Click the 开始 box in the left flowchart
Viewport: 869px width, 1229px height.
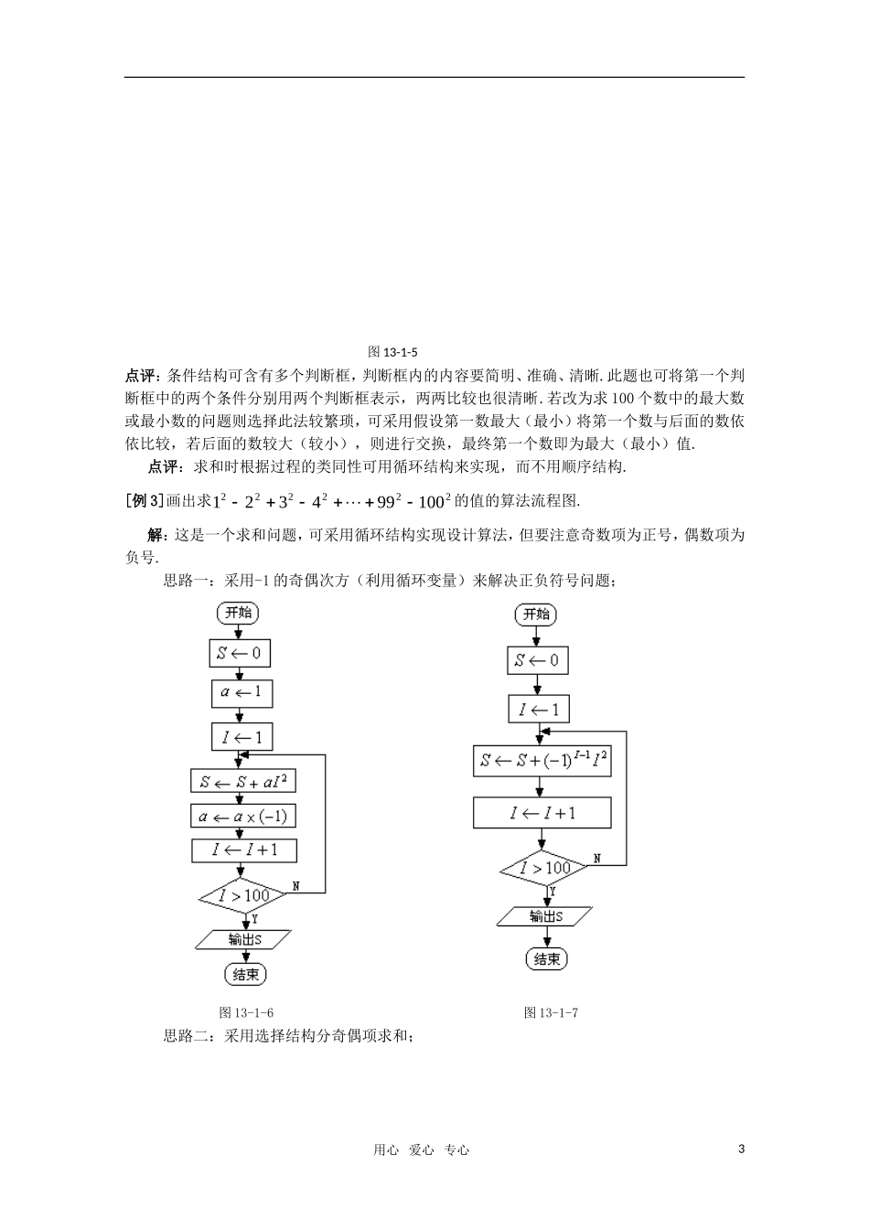239,613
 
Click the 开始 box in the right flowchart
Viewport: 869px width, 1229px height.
536,614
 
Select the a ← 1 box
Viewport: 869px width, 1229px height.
241,693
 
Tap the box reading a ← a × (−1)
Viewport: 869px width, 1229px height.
245,817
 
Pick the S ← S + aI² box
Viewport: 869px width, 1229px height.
243,782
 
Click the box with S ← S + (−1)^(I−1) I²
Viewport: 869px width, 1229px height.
542,761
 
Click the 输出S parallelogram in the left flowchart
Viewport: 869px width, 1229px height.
244,939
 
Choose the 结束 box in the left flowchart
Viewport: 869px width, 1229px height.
245,975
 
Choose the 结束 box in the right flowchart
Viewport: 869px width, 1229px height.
547,959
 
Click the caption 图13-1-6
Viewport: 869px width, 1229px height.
247,1012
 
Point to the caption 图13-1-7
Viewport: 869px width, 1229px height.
551,1012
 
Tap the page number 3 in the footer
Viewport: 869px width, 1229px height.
741,1149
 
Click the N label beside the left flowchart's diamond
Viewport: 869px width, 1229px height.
296,886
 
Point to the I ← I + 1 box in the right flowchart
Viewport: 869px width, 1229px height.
542,813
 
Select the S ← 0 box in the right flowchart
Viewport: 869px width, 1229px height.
537,660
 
